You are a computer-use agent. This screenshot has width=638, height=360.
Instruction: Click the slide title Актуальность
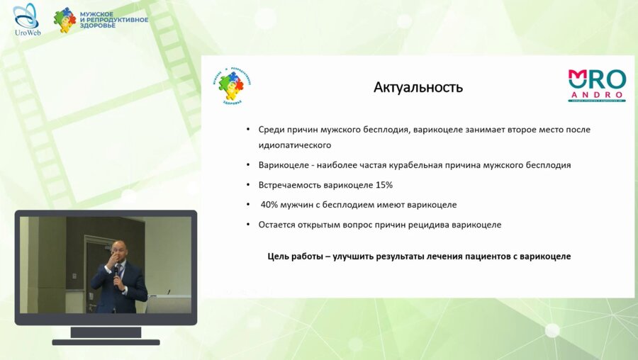(418, 88)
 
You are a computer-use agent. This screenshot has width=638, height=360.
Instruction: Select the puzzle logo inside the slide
(233, 88)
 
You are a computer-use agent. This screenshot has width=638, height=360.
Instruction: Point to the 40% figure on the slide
(269, 205)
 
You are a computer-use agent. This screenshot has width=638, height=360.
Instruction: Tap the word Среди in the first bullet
(271, 130)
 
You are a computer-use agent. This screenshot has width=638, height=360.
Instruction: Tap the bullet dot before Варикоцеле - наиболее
(248, 165)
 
